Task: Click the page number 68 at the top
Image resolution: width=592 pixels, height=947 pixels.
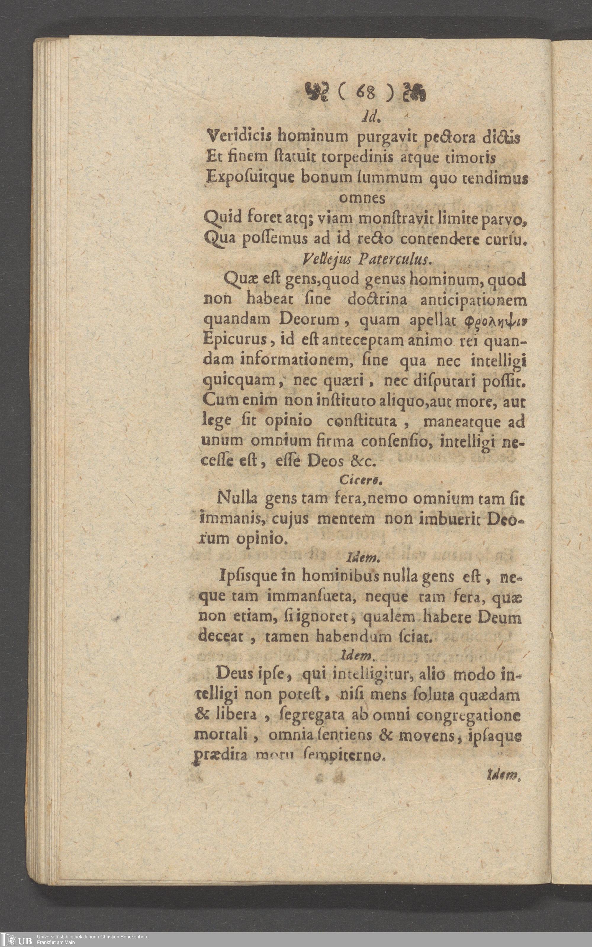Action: [364, 94]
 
